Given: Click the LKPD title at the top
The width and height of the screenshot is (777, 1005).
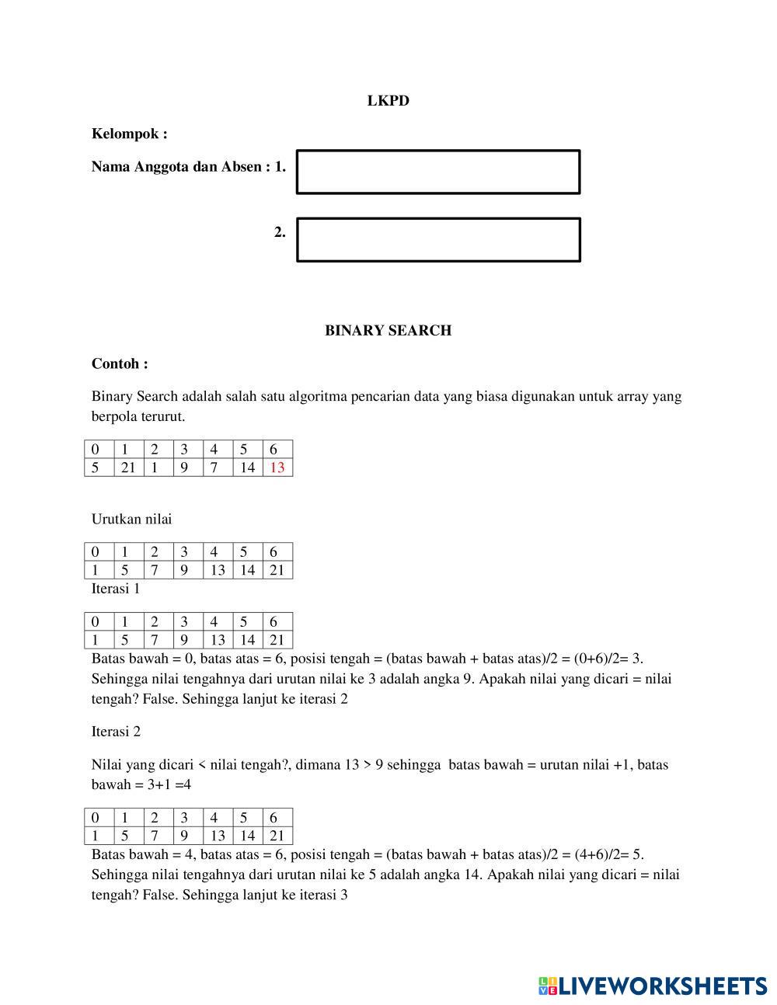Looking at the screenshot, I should coord(388,101).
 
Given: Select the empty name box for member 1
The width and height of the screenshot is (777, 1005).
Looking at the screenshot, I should coord(438,172).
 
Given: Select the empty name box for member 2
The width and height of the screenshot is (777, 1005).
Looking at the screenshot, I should coord(438,239).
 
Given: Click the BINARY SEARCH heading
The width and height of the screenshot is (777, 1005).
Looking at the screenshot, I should coord(388,330).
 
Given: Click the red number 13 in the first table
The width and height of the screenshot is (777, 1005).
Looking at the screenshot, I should coord(277,468).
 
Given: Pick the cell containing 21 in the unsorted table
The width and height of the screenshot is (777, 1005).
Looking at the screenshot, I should coord(128,468).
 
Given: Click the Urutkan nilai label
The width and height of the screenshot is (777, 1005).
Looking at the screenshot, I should coord(131,519).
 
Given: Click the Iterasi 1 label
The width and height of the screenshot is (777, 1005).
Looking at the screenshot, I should coord(116,589).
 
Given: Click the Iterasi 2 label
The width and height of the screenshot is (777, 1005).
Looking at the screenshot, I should coord(116,732).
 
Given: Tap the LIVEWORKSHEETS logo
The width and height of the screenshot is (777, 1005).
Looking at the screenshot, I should coord(652,986).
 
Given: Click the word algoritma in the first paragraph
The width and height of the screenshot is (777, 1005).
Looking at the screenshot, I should coord(318,397).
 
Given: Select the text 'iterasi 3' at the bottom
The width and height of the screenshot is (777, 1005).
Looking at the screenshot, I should coord(322,895).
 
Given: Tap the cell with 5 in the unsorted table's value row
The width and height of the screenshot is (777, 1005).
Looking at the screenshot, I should coord(96,468).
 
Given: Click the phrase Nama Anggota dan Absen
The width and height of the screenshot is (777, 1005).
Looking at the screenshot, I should coord(176,167).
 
